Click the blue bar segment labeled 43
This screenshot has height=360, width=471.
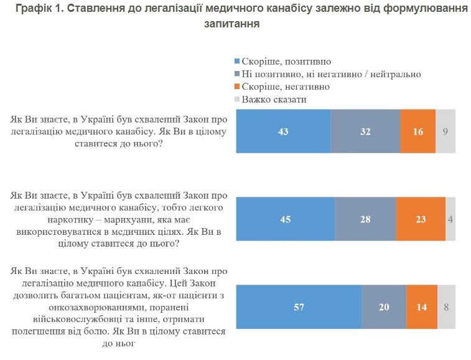(283, 131)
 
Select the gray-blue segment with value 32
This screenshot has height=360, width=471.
(365, 131)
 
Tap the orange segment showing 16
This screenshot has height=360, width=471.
(417, 131)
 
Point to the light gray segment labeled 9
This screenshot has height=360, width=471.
(445, 131)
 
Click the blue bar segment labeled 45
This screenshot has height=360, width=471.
(285, 219)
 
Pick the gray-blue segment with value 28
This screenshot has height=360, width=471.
(365, 219)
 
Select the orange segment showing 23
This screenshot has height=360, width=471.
(421, 219)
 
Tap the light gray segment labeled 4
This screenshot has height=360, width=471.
(450, 219)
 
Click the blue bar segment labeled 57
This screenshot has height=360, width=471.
(299, 306)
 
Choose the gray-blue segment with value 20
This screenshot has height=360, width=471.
(384, 306)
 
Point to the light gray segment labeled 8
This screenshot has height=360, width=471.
(446, 306)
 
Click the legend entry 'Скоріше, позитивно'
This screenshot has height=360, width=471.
(286, 62)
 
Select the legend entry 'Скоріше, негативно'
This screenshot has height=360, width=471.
(286, 87)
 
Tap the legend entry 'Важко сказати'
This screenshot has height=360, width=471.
(274, 99)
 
